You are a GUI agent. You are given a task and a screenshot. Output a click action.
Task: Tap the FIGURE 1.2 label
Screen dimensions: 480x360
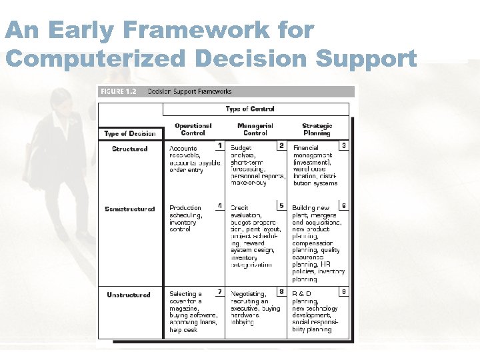118,91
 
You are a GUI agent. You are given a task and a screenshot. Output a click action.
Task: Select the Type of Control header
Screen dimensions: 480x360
250,109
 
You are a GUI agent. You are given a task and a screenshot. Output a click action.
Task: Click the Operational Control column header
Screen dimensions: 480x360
193,129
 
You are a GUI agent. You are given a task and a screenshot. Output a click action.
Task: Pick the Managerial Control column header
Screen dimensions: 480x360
255,129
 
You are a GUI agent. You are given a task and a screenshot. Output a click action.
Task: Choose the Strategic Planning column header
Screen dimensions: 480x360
317,129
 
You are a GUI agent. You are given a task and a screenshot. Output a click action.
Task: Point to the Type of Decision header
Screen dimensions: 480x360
130,133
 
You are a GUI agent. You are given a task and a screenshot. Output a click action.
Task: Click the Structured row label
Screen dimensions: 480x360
130,149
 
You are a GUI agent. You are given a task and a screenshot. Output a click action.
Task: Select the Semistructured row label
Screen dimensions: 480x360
129,209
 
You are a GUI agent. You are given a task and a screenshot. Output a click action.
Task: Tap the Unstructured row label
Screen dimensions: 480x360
129,295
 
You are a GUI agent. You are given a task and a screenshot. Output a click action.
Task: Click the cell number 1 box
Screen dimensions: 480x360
219,145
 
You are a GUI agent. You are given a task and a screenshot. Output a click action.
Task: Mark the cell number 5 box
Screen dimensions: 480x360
281,205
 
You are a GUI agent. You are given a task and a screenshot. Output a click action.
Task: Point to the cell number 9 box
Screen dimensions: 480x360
343,291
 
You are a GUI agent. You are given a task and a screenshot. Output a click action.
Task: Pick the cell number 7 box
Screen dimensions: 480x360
219,291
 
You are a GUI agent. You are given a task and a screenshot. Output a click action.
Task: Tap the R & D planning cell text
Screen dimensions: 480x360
315,311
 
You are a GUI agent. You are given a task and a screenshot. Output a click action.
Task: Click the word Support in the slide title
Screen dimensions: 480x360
366,58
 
